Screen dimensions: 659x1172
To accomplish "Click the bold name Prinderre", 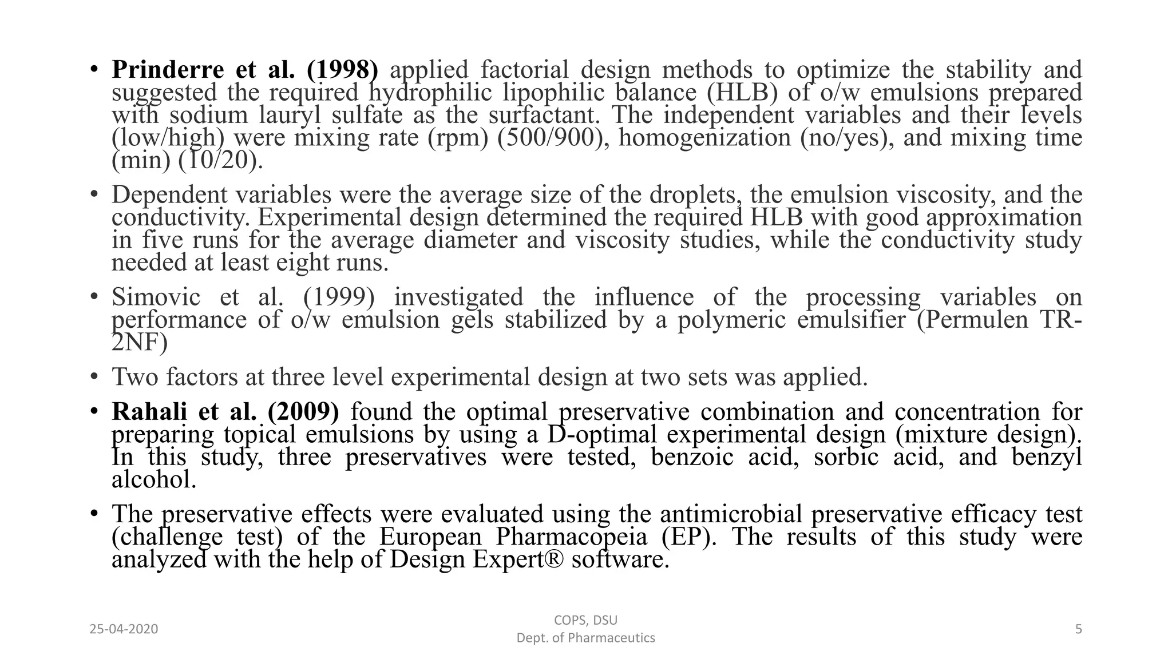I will coord(168,70).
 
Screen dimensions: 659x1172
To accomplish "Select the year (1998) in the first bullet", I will coord(342,70).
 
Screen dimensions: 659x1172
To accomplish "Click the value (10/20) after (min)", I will coord(221,161).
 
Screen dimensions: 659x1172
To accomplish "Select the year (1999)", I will coord(339,297).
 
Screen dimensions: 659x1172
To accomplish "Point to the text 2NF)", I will coord(140,343).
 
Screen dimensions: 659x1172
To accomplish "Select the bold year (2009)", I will coord(303,412).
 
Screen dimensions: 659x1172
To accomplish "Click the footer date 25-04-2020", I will coord(124,629).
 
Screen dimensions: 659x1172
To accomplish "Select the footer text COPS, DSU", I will coord(585,620).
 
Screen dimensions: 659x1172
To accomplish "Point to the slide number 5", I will coord(1078,629).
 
